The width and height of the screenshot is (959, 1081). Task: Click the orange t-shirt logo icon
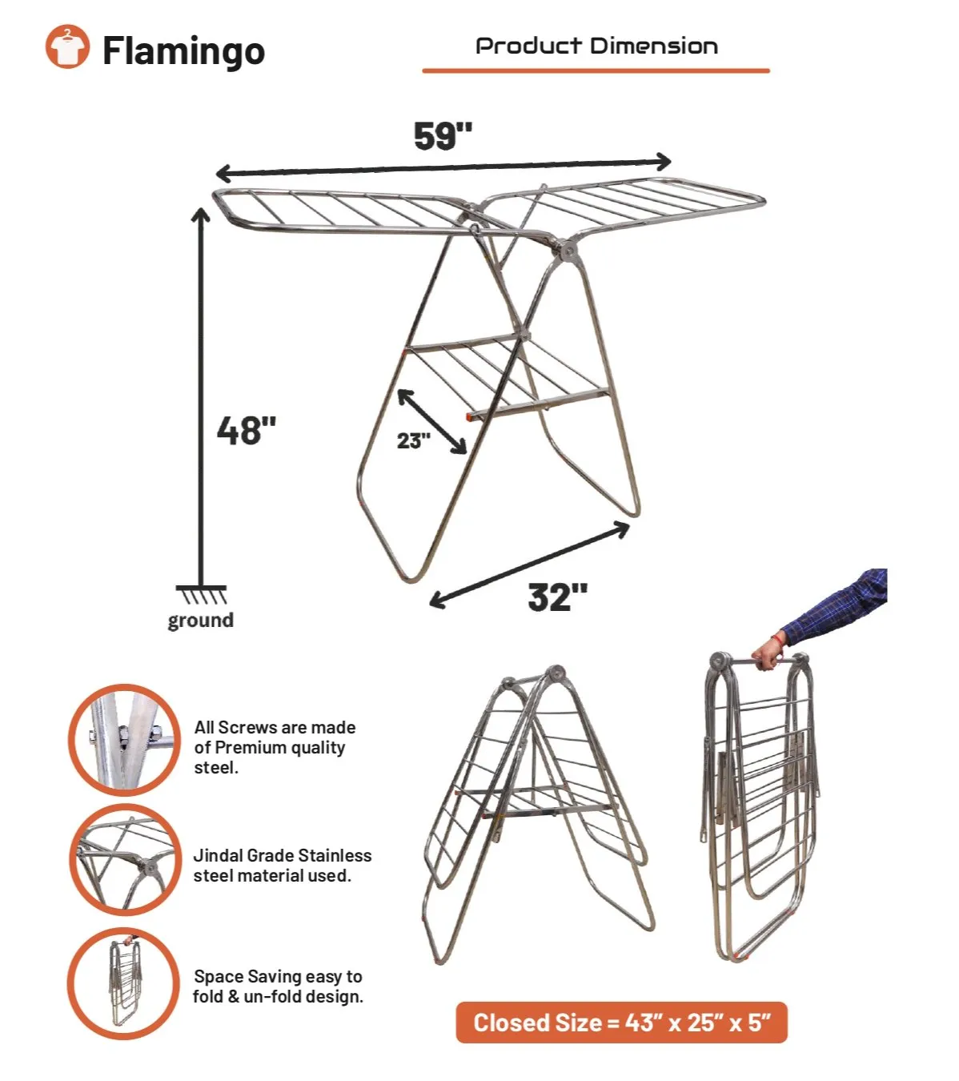[x=67, y=46]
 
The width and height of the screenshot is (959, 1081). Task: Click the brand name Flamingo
[x=183, y=51]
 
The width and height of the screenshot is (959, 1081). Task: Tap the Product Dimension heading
[x=596, y=46]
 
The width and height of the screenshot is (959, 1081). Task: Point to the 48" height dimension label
[x=246, y=430]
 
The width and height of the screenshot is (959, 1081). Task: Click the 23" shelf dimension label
[x=413, y=440]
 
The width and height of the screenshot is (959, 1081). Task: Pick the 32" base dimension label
[x=557, y=597]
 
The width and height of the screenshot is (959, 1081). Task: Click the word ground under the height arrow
[x=201, y=621]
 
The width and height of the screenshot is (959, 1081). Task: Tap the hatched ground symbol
[x=201, y=595]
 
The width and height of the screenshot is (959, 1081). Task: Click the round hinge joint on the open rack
[x=568, y=250]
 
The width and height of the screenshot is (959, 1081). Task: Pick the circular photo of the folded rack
[x=124, y=983]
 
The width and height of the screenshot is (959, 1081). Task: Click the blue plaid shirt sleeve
[x=837, y=605]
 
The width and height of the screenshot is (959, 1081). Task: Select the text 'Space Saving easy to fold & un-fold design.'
[x=278, y=987]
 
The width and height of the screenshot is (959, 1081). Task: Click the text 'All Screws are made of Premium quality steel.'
[x=275, y=748]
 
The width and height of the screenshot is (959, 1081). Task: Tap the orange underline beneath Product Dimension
[x=596, y=70]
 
